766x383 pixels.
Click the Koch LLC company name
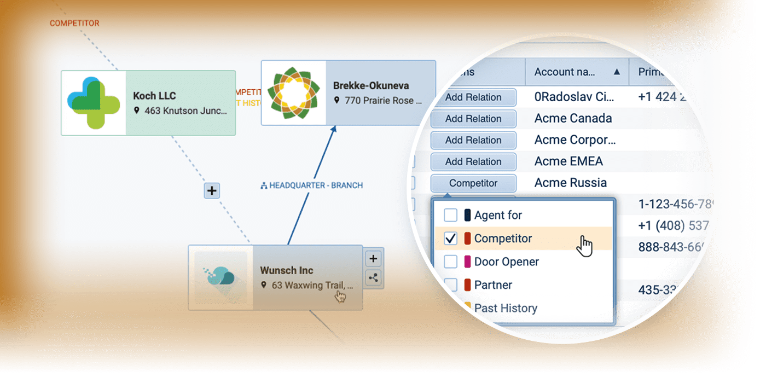point(154,96)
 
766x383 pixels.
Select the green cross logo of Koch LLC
point(94,103)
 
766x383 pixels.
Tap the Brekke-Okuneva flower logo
point(293,93)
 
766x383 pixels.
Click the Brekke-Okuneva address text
point(383,101)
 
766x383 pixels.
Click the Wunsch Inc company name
point(286,270)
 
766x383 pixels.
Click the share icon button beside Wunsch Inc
point(374,278)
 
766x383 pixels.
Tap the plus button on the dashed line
point(212,191)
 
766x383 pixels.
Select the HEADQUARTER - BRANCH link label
point(311,185)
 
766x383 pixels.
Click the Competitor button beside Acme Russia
point(473,183)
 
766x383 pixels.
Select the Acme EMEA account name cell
point(568,161)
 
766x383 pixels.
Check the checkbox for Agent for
point(450,215)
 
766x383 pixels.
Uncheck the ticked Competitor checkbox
point(450,239)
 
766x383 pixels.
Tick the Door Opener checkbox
point(450,262)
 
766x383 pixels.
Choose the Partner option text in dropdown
point(493,285)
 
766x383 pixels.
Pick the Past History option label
point(506,308)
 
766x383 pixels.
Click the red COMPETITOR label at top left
point(74,24)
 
